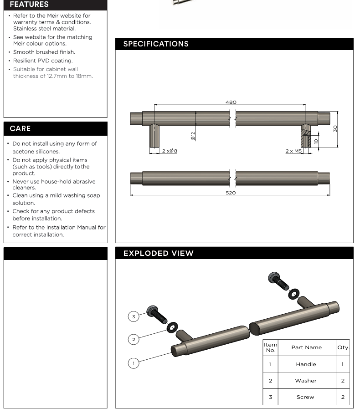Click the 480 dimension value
[231, 102]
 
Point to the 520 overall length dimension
[231, 193]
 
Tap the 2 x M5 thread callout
[294, 151]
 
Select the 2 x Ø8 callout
[170, 151]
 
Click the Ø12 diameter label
[193, 136]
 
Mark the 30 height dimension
[335, 129]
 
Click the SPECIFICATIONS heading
[156, 44]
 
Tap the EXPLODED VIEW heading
[158, 253]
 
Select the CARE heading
[20, 129]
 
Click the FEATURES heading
[29, 5]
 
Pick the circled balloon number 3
[134, 316]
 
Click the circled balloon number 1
[134, 363]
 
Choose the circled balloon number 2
[134, 339]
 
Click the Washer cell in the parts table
[306, 381]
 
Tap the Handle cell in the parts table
[306, 364]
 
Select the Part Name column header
[306, 347]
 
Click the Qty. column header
[343, 347]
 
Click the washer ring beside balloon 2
[173, 327]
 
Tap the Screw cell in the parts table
[305, 397]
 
